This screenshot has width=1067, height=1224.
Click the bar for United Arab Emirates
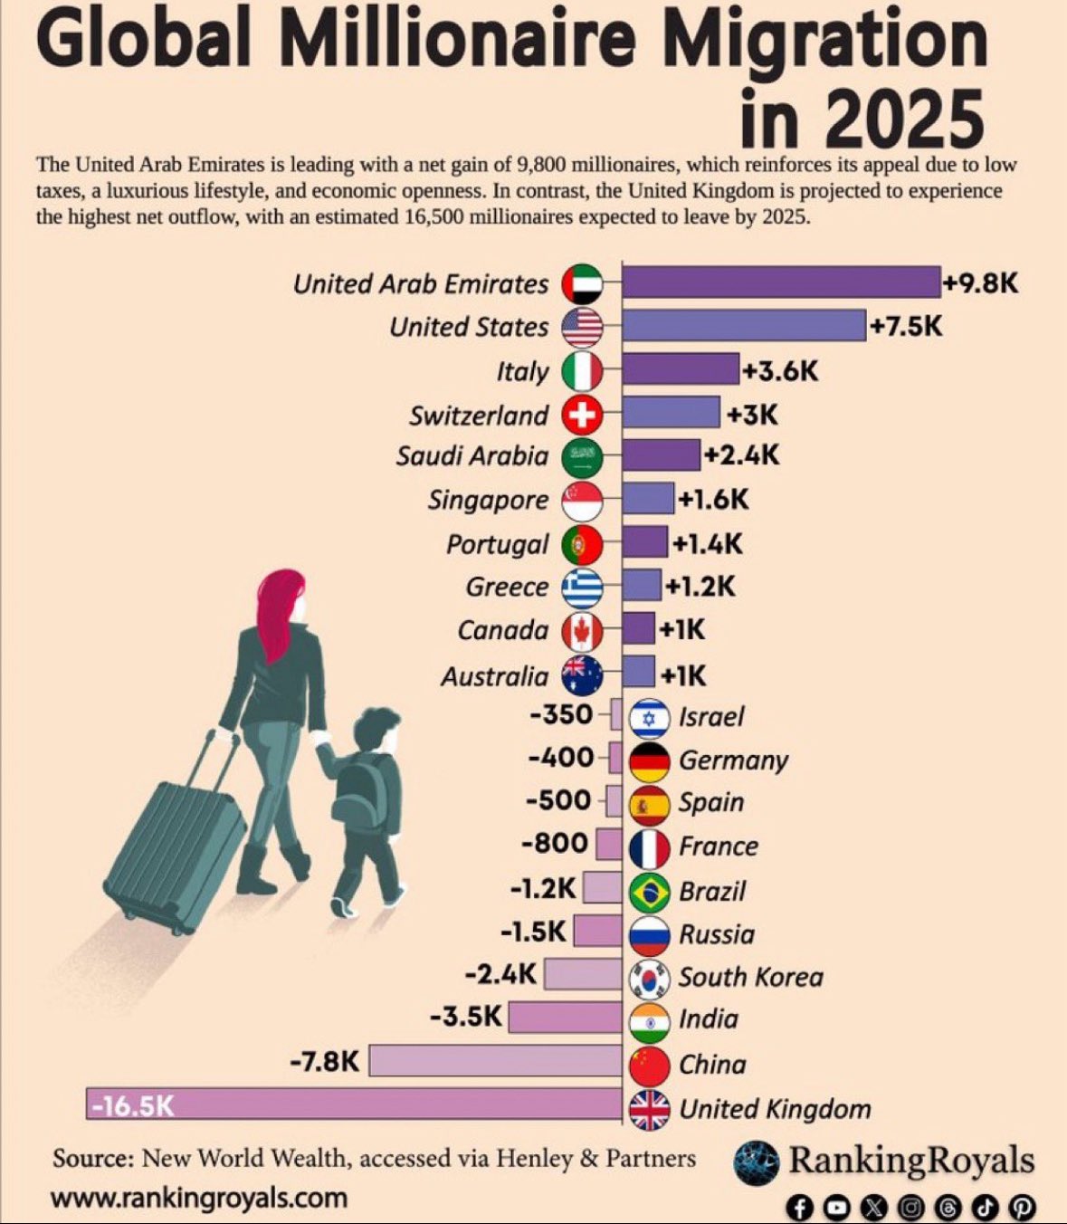tap(781, 282)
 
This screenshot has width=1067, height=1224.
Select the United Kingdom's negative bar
tap(354, 1104)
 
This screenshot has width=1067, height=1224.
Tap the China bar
tap(496, 1060)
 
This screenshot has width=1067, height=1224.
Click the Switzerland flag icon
tap(582, 416)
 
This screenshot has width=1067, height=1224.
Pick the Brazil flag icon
tap(649, 892)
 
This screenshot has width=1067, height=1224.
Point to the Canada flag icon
tap(582, 631)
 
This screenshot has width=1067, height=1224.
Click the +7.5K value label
tap(905, 326)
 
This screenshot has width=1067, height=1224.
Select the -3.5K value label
tap(466, 1017)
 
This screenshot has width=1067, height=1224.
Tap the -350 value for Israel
tap(561, 714)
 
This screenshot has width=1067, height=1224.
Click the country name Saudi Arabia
tap(472, 455)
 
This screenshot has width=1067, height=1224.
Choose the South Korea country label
tap(751, 977)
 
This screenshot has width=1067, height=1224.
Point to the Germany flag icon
tap(649, 761)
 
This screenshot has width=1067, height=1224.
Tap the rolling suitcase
tap(177, 843)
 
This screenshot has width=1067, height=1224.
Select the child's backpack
tap(359, 788)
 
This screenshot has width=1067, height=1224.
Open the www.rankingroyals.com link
tap(199, 1198)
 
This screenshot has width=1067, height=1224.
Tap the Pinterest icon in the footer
tap(1023, 1207)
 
